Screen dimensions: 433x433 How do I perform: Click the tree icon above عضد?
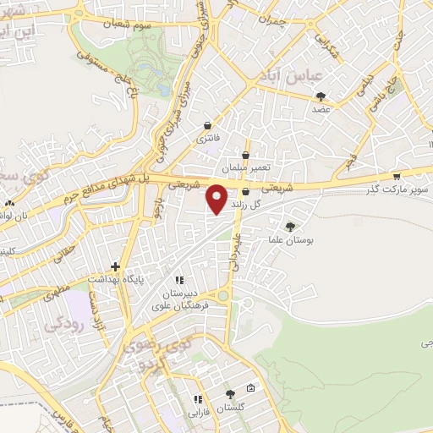(x=320, y=96)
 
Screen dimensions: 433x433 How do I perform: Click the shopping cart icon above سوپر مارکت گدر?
(x=397, y=177)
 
